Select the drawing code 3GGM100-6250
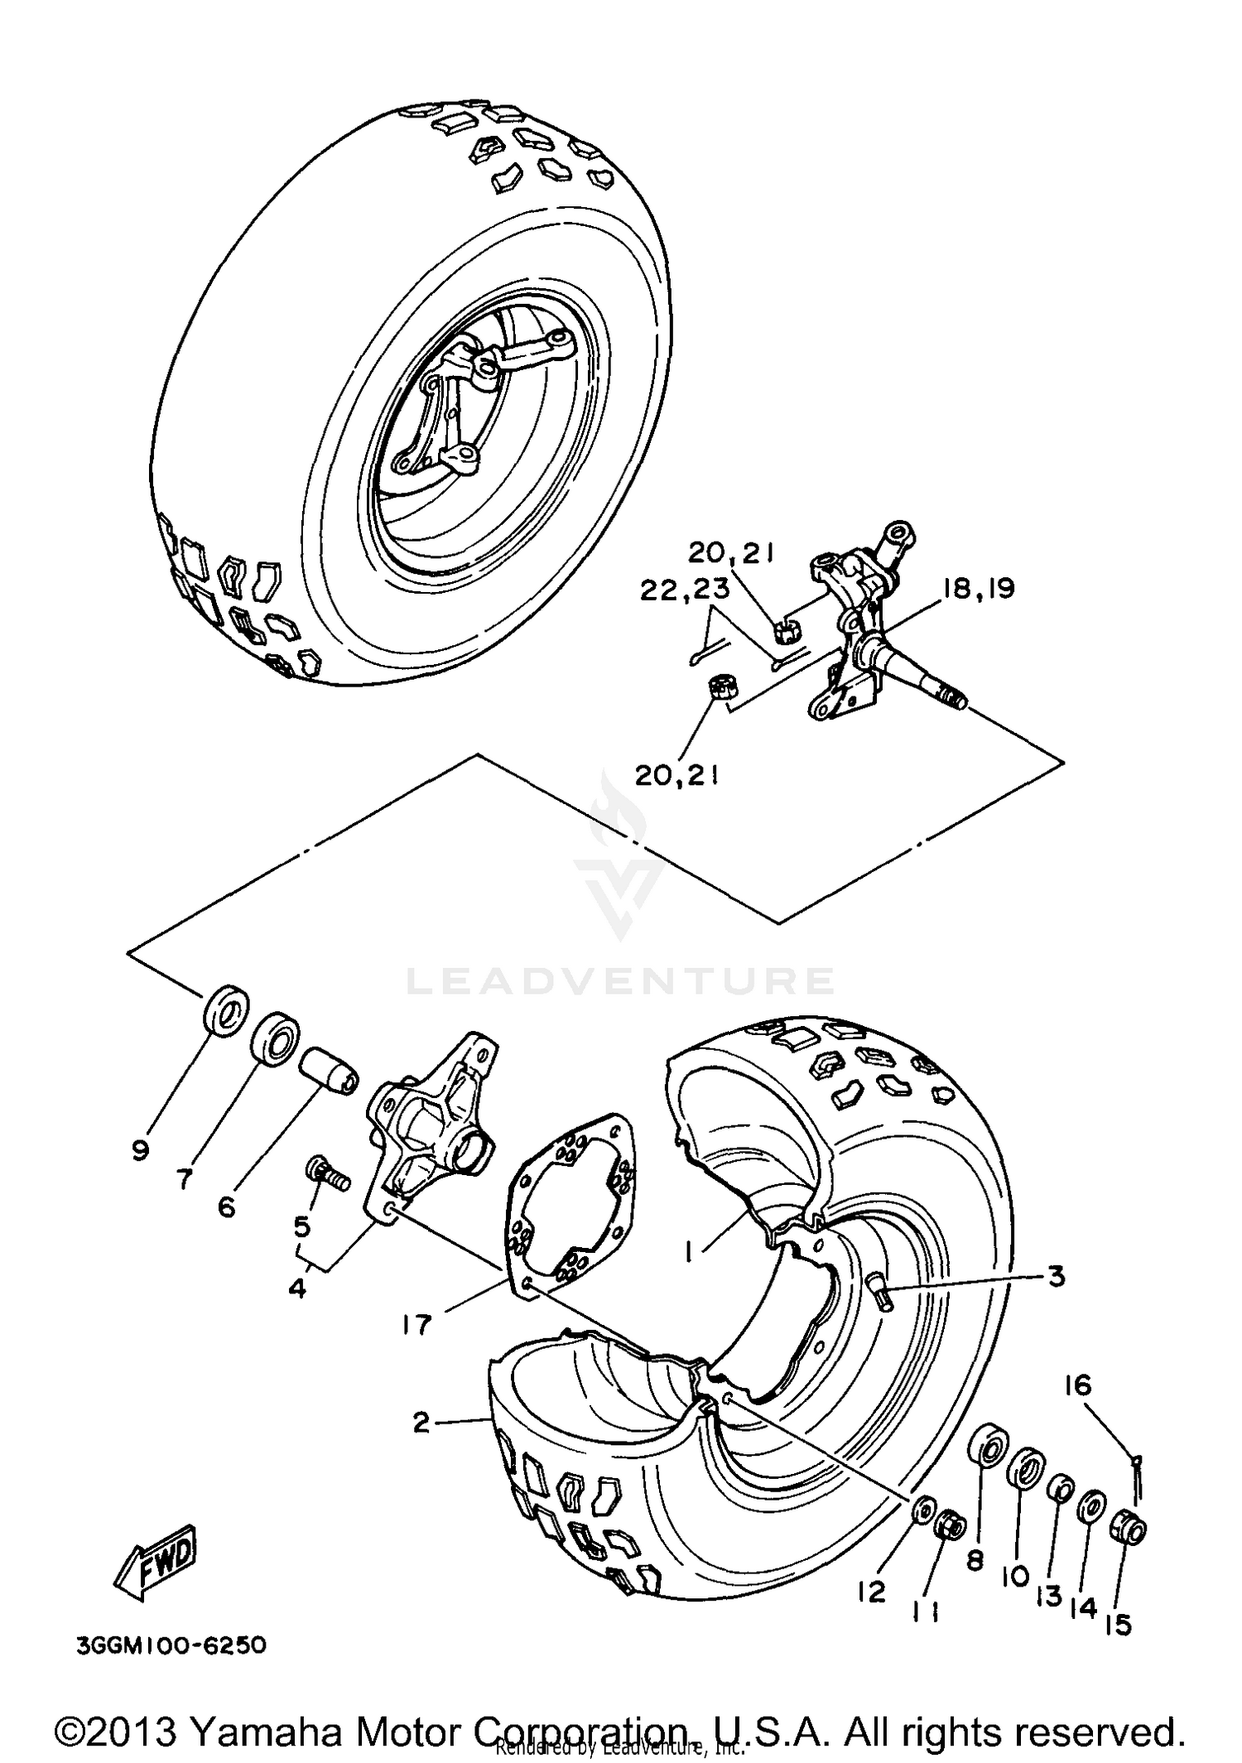click(171, 1645)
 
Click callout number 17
click(416, 1324)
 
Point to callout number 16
click(1078, 1385)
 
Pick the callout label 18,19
click(977, 589)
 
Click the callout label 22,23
click(684, 589)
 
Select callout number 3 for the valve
click(1056, 1276)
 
